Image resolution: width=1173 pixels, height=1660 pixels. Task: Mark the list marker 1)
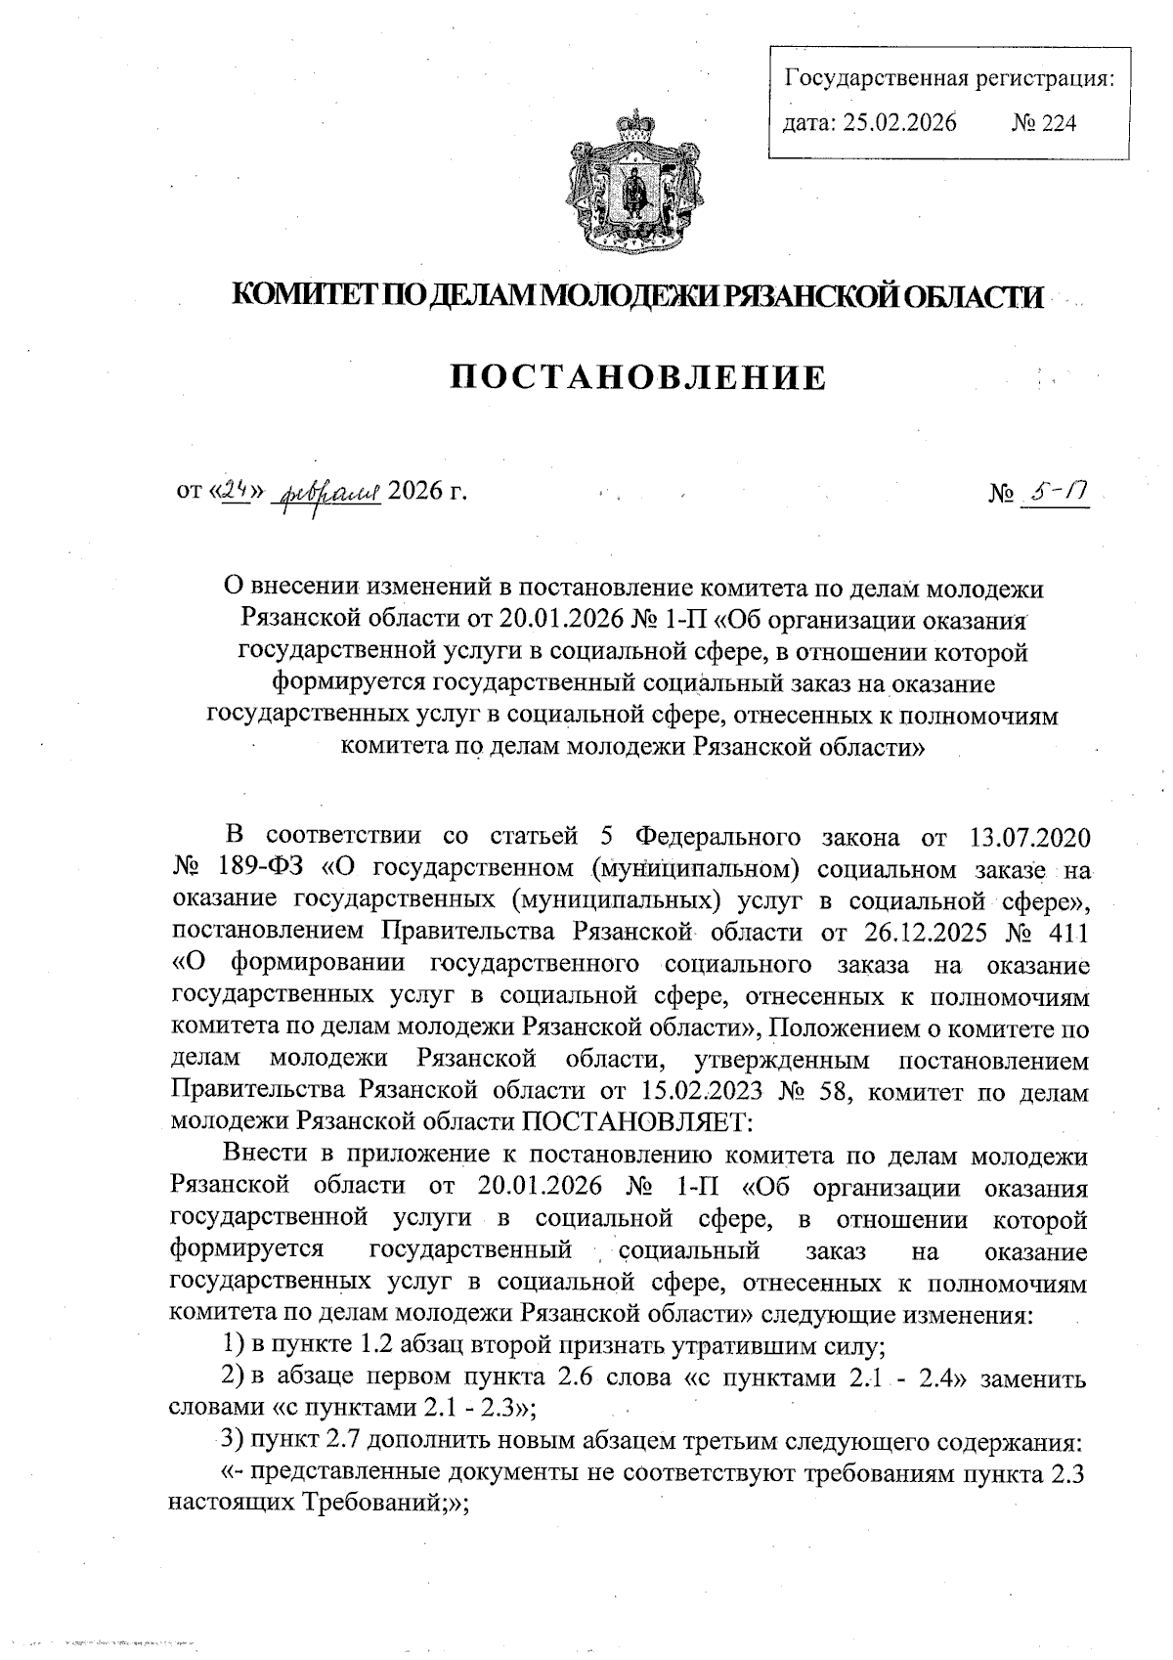click(x=234, y=1346)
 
